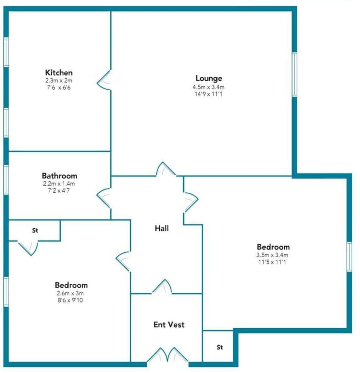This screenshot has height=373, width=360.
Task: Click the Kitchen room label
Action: click(x=59, y=72)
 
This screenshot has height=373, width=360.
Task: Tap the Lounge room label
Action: click(x=209, y=78)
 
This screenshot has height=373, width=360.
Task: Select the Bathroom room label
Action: click(x=60, y=175)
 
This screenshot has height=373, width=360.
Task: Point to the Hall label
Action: click(x=162, y=228)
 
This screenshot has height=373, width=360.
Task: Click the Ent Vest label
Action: click(x=169, y=324)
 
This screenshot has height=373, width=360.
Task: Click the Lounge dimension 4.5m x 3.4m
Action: click(x=209, y=87)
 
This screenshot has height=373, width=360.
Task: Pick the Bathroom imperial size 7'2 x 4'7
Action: click(x=59, y=190)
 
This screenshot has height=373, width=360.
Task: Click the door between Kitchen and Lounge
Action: click(x=105, y=80)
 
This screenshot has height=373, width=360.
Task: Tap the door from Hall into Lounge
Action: click(x=165, y=169)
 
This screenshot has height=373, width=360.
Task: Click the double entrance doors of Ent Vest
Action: click(x=168, y=356)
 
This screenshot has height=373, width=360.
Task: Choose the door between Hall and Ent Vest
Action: click(x=162, y=286)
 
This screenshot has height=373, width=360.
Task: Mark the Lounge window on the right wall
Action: click(x=294, y=74)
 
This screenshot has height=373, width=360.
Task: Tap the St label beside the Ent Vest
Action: click(x=220, y=347)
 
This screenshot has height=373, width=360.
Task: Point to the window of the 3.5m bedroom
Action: click(x=349, y=257)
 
